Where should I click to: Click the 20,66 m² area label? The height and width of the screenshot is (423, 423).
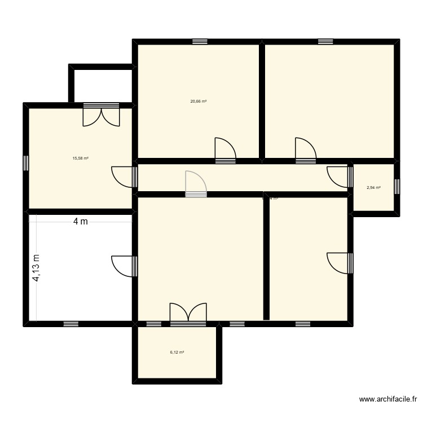(x=198, y=102)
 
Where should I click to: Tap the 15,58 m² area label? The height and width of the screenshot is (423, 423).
(x=80, y=158)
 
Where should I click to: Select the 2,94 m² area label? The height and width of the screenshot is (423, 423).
(x=373, y=187)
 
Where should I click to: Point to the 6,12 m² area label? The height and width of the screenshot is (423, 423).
(x=177, y=352)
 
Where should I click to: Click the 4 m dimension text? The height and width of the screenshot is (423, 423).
(x=81, y=222)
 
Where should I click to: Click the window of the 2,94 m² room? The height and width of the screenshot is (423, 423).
(x=396, y=187)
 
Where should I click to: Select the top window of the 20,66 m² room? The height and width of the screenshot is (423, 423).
(x=200, y=42)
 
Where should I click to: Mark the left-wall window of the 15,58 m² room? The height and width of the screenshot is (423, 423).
(x=26, y=162)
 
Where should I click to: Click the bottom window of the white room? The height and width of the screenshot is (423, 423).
(x=71, y=324)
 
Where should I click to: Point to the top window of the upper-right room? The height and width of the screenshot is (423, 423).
(x=325, y=42)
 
